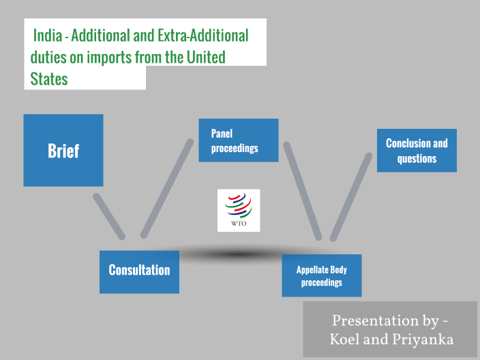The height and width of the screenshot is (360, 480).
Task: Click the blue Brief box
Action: [x=63, y=150]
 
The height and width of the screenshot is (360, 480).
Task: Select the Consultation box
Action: [x=139, y=271]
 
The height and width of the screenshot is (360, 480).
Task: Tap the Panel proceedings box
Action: [x=238, y=140]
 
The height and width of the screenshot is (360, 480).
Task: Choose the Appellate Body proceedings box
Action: [x=321, y=275]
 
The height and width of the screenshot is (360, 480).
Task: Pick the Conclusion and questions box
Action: [x=417, y=151]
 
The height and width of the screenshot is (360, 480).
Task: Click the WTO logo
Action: [x=239, y=210]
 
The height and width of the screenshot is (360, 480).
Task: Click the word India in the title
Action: [x=47, y=35]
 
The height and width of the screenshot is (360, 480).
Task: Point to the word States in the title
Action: [x=49, y=78]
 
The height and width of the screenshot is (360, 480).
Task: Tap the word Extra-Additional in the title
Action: [x=205, y=35]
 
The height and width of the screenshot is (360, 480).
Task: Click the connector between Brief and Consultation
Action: [x=109, y=216]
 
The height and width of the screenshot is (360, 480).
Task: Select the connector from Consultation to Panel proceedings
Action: [x=166, y=188]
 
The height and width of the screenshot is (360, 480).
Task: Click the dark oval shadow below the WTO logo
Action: [x=232, y=254]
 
